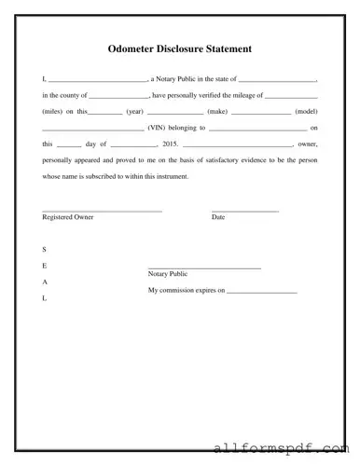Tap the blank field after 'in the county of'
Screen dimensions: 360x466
(119, 95)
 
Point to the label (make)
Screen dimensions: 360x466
(217, 111)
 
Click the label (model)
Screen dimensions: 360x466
(306, 111)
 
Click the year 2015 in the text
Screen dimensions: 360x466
(169, 144)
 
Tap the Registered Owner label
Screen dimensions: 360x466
(68, 217)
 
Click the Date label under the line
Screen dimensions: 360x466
(218, 217)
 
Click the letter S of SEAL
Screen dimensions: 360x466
(44, 250)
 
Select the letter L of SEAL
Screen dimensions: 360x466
(44, 297)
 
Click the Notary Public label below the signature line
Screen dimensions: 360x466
(168, 274)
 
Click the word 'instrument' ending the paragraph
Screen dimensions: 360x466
(170, 176)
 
